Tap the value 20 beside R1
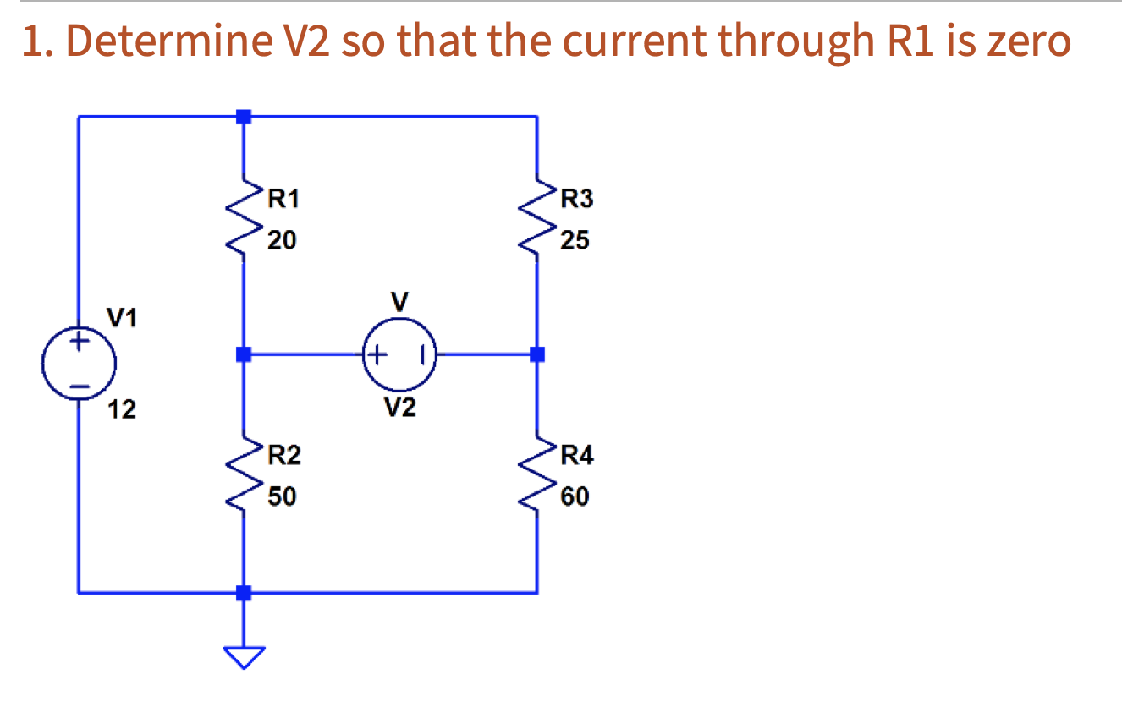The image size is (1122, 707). tap(282, 241)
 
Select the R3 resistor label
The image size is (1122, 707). tap(577, 200)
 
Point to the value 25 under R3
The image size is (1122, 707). tap(575, 241)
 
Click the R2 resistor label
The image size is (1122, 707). tap(283, 457)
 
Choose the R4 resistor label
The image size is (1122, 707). tap(577, 457)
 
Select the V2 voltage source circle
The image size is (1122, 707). tap(399, 353)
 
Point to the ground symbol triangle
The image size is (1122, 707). tap(244, 656)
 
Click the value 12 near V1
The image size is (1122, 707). tap(122, 411)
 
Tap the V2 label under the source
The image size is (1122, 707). tap(399, 409)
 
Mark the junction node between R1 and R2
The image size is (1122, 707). tap(244, 354)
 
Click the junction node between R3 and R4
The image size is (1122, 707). tap(536, 354)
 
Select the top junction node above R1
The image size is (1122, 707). tap(244, 117)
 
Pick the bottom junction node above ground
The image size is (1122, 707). tap(244, 592)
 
